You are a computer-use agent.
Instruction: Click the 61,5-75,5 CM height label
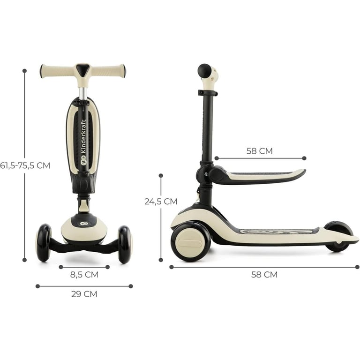pyautogui.click(x=25, y=165)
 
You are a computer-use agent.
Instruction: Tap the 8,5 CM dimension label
pyautogui.click(x=84, y=275)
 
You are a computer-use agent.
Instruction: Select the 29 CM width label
pyautogui.click(x=84, y=294)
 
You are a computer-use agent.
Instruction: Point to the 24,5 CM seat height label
pyautogui.click(x=161, y=201)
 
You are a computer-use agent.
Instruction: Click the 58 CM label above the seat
pyautogui.click(x=260, y=151)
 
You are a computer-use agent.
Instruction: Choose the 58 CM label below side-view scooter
pyautogui.click(x=264, y=275)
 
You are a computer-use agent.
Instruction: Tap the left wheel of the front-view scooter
pyautogui.click(x=44, y=242)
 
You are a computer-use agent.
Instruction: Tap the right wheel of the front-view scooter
pyautogui.click(x=125, y=244)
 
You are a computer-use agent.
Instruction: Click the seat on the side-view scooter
pyautogui.click(x=262, y=175)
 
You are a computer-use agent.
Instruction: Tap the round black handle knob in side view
pyautogui.click(x=204, y=71)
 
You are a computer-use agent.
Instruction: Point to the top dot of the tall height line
pyautogui.click(x=24, y=71)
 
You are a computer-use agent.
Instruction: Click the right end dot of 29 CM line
pyautogui.click(x=131, y=286)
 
